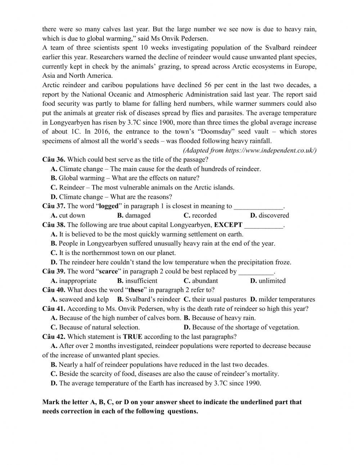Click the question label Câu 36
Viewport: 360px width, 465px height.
(x=54, y=159)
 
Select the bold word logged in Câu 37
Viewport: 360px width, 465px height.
(x=108, y=206)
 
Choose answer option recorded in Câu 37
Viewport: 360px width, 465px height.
(x=204, y=215)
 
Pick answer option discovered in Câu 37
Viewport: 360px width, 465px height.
(x=274, y=215)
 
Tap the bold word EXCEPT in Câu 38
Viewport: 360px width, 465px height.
(x=228, y=225)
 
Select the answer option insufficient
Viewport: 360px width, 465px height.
(x=141, y=281)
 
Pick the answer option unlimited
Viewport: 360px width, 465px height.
(x=272, y=281)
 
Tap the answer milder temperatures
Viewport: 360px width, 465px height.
(x=287, y=299)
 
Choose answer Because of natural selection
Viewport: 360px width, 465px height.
(x=99, y=327)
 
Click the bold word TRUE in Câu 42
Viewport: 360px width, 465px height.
(x=132, y=337)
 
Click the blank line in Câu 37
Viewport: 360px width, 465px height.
(x=258, y=207)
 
